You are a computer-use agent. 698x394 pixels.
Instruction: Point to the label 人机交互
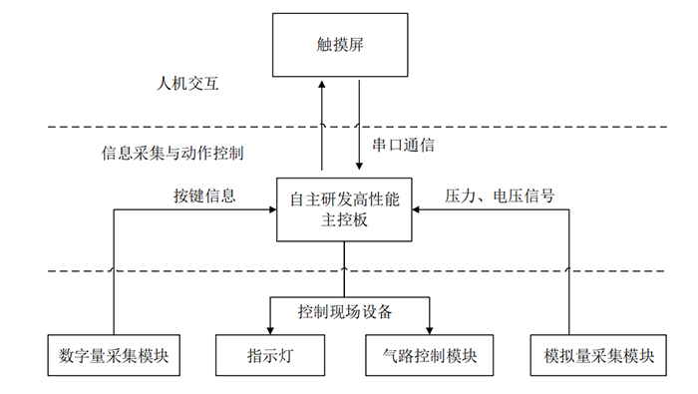click(x=186, y=85)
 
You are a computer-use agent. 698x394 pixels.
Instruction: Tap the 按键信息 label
click(x=204, y=196)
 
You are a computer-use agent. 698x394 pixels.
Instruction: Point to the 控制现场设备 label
click(x=345, y=311)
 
